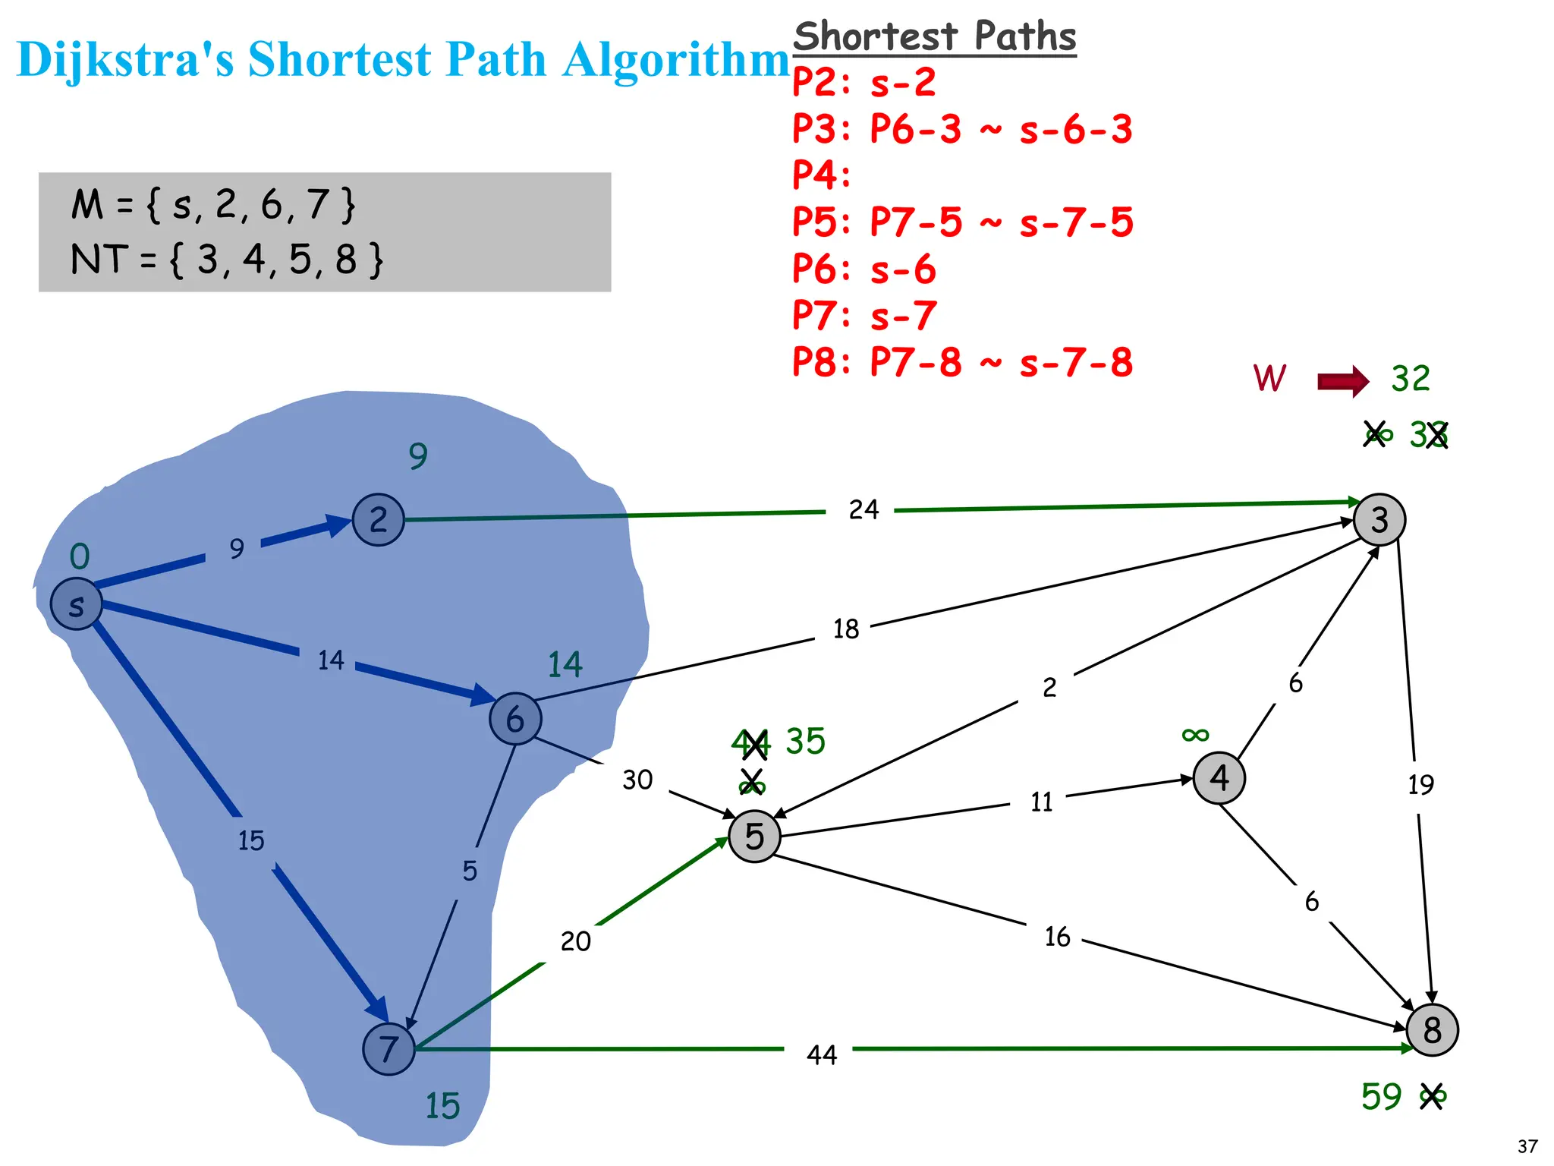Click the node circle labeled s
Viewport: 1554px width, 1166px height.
(76, 604)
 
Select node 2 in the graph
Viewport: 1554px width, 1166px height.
(378, 520)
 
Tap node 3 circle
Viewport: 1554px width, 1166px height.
(1379, 520)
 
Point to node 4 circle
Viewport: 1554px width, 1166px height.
(1219, 777)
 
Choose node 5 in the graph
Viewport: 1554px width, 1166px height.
(754, 836)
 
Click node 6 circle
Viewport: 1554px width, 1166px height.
(515, 718)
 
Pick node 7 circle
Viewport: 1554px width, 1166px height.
(388, 1049)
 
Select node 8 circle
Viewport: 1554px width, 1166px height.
(1432, 1030)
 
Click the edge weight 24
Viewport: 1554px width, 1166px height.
(864, 509)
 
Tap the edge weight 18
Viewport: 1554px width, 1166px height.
(846, 629)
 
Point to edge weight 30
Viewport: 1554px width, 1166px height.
(637, 780)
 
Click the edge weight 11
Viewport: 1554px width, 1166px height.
(1041, 802)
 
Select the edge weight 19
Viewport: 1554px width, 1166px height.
(1420, 784)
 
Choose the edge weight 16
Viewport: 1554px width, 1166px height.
(1057, 937)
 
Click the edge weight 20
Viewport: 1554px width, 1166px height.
(575, 941)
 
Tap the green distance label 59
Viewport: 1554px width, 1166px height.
(1381, 1097)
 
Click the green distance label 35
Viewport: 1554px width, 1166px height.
(805, 741)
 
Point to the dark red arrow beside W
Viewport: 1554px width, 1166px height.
(1342, 380)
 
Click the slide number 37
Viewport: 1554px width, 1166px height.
(1527, 1146)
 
